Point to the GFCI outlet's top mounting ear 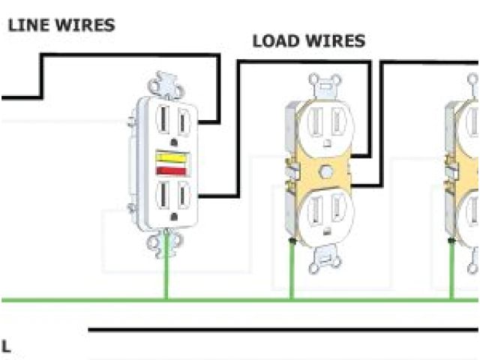coord(166,83)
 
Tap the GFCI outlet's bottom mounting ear coord(166,244)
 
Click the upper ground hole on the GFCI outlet coord(174,140)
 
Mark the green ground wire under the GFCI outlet coord(166,277)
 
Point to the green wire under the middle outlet coord(291,270)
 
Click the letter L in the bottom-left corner coord(6,346)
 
